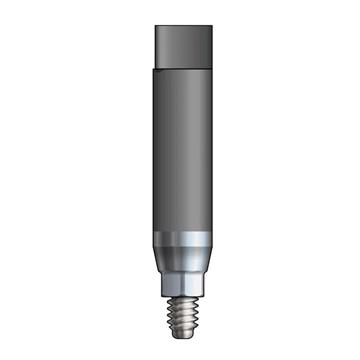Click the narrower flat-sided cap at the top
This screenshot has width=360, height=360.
click(x=180, y=44)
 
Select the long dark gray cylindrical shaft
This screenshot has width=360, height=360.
click(x=180, y=150)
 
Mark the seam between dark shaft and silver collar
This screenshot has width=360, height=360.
click(x=180, y=232)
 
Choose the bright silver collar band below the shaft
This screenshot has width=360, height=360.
click(x=180, y=245)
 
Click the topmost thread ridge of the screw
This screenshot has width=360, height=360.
click(x=180, y=305)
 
